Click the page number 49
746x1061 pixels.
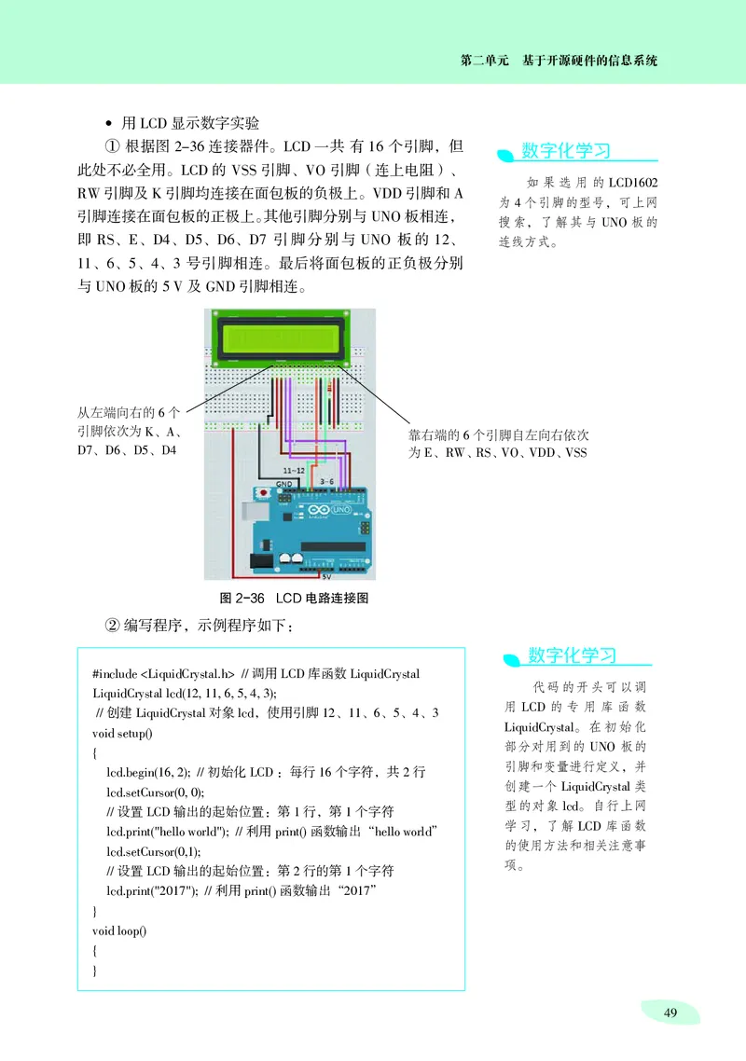(670, 1014)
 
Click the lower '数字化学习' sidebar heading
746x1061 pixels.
(573, 655)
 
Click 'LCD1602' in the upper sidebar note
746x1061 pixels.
(635, 183)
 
